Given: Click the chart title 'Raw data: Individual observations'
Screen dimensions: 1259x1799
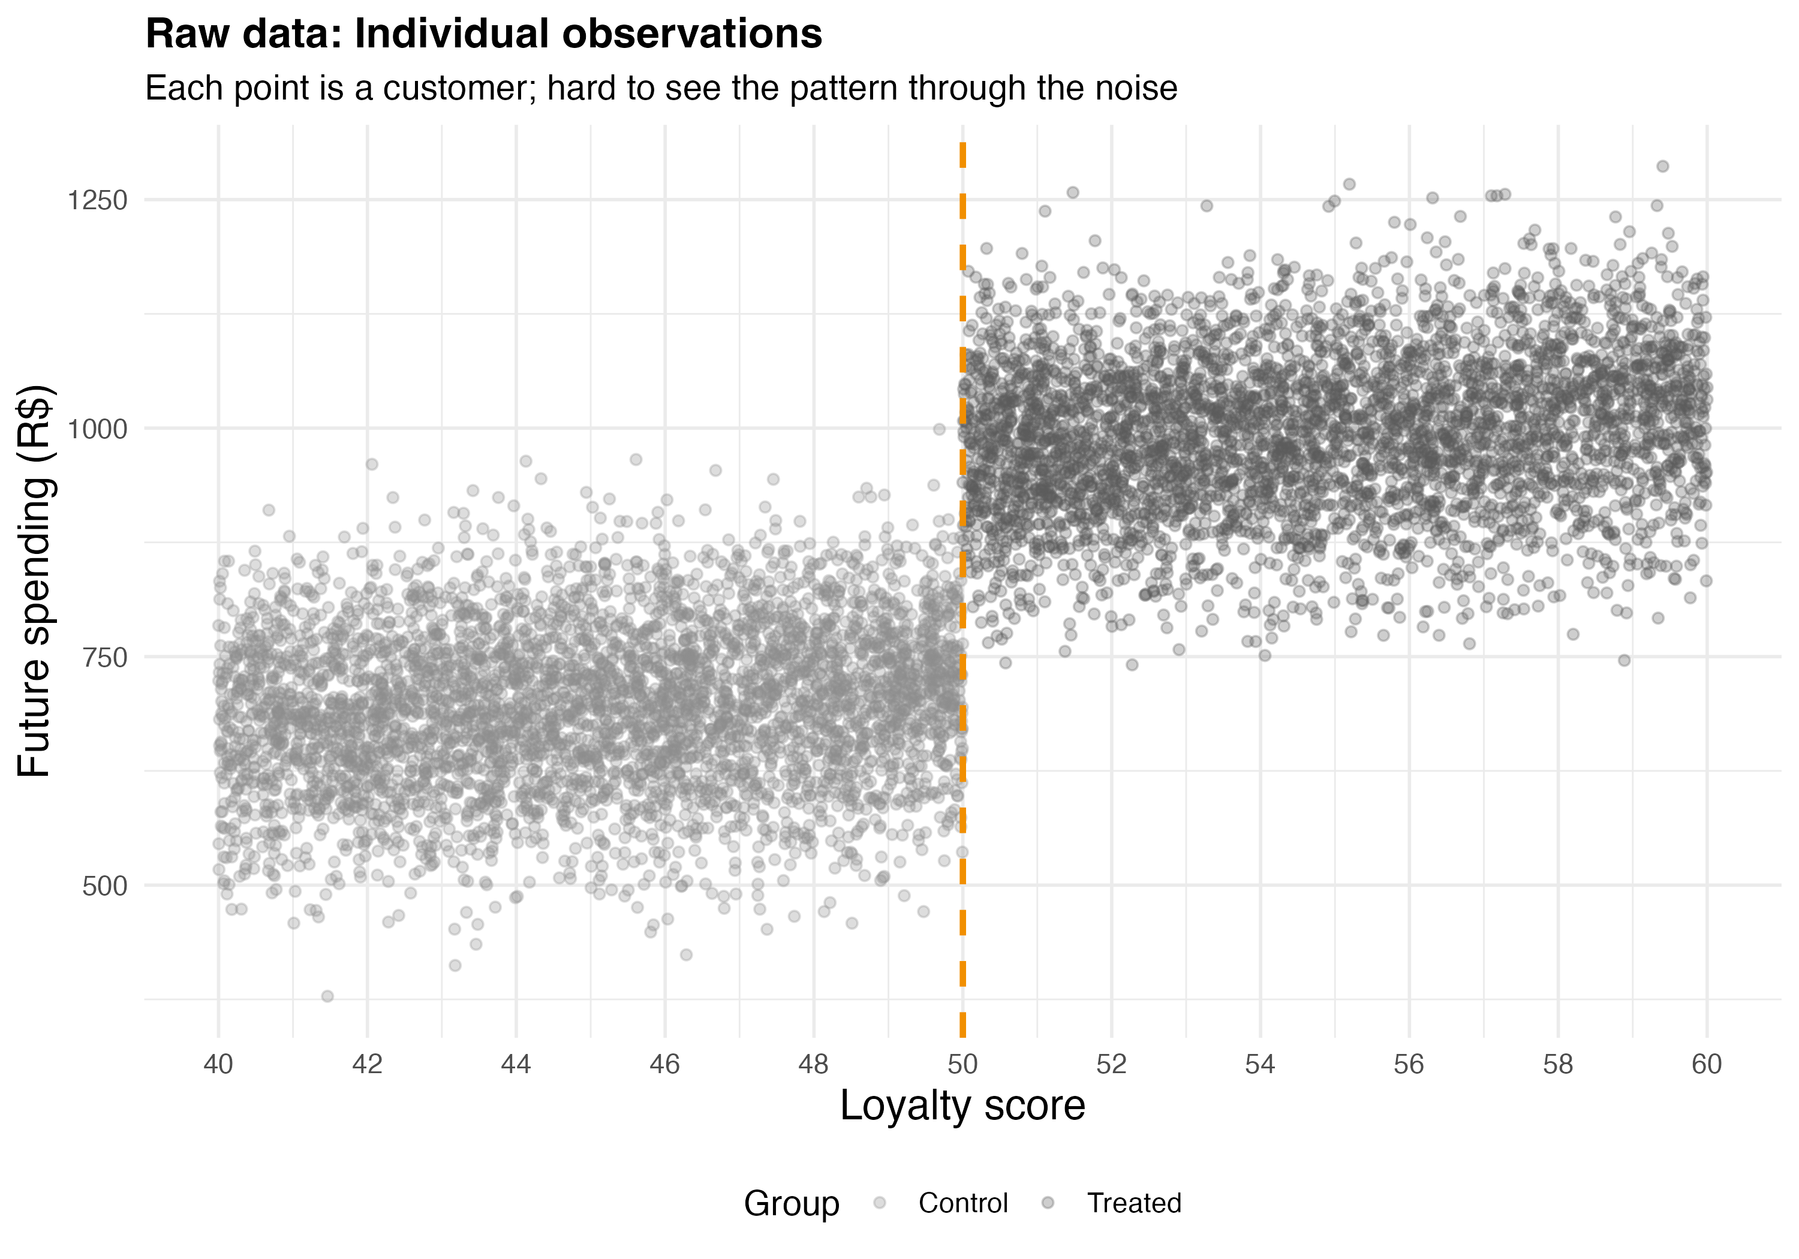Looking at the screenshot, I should (x=483, y=34).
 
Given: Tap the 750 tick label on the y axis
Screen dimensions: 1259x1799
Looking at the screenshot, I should (x=104, y=658).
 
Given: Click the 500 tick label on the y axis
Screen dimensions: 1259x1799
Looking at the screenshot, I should (x=104, y=886).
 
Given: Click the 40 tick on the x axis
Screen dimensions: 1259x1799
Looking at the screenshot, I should (x=219, y=1064).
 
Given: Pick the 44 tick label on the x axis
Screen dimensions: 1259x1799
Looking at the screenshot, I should (x=516, y=1064).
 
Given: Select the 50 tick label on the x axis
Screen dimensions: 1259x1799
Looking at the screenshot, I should (x=963, y=1064).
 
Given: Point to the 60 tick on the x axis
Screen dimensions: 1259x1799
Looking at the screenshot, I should (x=1707, y=1064).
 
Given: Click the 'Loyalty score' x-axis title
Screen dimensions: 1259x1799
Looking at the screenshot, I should (x=962, y=1106).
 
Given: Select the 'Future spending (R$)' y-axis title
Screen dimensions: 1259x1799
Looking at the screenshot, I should (x=35, y=582).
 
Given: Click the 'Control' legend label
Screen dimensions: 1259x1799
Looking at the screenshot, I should (x=963, y=1203).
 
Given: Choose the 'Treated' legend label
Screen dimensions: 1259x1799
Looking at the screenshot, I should (x=1134, y=1203).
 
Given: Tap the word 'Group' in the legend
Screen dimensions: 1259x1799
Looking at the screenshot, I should (x=792, y=1203).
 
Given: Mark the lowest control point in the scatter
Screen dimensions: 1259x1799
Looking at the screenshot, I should (x=327, y=996).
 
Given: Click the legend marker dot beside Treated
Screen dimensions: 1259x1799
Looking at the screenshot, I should (x=1048, y=1203).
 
